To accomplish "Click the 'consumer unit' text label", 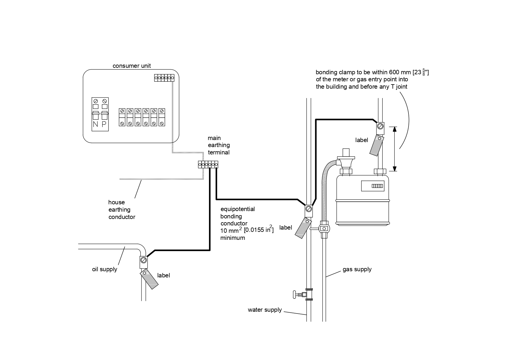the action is [131, 66].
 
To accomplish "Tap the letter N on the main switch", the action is [95, 124].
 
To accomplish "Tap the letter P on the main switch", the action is [104, 124].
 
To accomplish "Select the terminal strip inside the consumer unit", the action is [164, 78].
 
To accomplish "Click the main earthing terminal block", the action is [208, 164].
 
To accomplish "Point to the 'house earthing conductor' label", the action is [122, 210].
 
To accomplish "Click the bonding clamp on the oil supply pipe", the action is [143, 261].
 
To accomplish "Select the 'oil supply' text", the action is [104, 269].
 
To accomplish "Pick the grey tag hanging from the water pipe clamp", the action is [303, 228].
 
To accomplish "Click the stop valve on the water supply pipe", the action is [302, 294].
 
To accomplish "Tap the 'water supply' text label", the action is [265, 310].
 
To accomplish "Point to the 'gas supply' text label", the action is [357, 269].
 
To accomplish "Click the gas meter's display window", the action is [373, 186].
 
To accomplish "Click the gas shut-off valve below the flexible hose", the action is [324, 228].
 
